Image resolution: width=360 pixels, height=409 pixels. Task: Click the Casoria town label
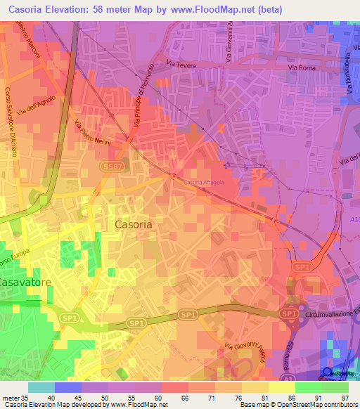coord(133,224)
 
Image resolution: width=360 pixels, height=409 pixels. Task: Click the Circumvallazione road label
coord(332,316)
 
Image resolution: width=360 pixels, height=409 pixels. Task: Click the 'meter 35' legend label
coord(14,397)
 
